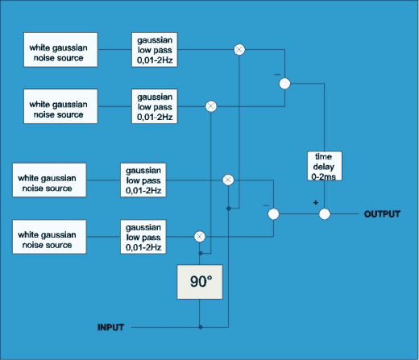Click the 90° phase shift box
coord(200,283)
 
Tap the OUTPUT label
coord(383,214)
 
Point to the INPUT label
coord(112,327)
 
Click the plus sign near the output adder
coord(315,202)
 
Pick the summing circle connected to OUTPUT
coord(325,214)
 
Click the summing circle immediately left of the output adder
coord(274,214)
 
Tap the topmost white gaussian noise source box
coord(61,51)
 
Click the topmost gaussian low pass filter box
coord(155,51)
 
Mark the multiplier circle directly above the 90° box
coord(200,236)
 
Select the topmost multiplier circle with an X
coord(239,49)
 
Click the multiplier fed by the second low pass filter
coord(211,106)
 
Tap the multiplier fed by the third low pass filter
coord(228,179)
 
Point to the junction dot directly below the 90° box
coord(200,327)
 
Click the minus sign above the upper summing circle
coord(276,73)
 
